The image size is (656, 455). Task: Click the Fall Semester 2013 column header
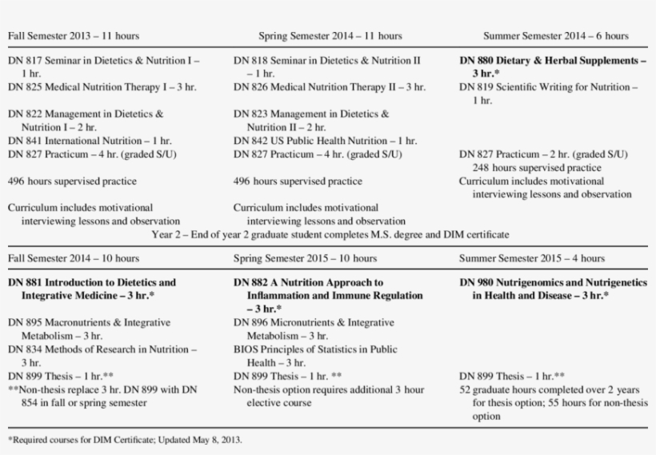point(73,36)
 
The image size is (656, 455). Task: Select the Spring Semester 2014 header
point(330,36)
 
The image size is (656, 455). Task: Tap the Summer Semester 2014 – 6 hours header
point(556,36)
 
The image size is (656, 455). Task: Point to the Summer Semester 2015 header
point(532,258)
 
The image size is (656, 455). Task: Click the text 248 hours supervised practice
point(536,168)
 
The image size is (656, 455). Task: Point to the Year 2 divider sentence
point(330,235)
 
